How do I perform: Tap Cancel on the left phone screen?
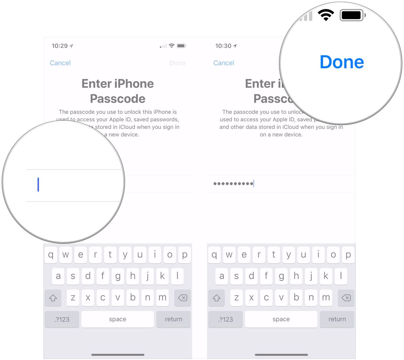(60, 63)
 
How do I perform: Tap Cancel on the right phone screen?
(224, 63)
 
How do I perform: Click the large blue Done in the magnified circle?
(342, 62)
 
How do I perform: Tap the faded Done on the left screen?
(177, 63)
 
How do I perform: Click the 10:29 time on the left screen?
(60, 46)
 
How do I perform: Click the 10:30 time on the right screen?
(223, 46)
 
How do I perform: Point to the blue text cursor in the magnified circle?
(38, 185)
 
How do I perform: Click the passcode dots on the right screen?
(233, 184)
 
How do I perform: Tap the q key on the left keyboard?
(51, 255)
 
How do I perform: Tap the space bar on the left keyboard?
(117, 319)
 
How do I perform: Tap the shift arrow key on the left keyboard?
(53, 298)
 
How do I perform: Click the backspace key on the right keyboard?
(346, 298)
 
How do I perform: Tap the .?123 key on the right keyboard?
(225, 319)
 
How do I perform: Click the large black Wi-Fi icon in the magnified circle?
(326, 15)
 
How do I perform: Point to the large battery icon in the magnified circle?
(352, 15)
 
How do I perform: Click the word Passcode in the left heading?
(117, 99)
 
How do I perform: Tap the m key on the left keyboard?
(162, 298)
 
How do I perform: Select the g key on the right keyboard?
(281, 276)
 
